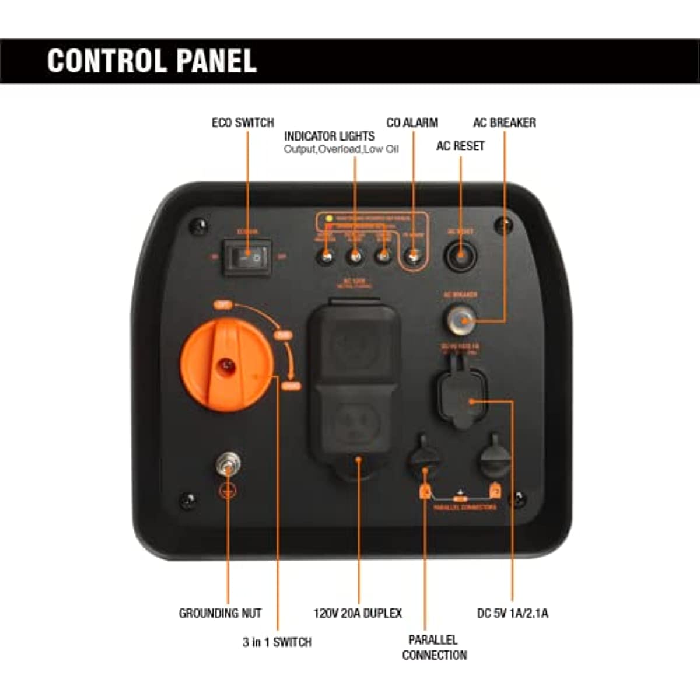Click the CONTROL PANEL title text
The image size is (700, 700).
coord(152,61)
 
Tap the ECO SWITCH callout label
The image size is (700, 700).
coord(243,123)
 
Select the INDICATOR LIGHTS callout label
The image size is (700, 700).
coord(329,136)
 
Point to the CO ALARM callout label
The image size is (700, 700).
coord(412,123)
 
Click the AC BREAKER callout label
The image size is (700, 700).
coord(505,123)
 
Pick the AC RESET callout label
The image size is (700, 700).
coord(460,146)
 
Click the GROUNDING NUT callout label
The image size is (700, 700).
coord(220,614)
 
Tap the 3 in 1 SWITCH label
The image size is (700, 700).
coord(277,642)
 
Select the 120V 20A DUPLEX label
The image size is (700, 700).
coord(358,614)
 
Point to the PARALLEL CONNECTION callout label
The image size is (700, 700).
coord(434,647)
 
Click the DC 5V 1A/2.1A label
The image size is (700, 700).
coord(512,614)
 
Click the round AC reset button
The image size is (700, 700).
coord(460,256)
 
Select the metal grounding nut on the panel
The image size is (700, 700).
coord(228,464)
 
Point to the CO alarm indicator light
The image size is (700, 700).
coord(413,257)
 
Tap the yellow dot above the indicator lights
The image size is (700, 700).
coord(329,219)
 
